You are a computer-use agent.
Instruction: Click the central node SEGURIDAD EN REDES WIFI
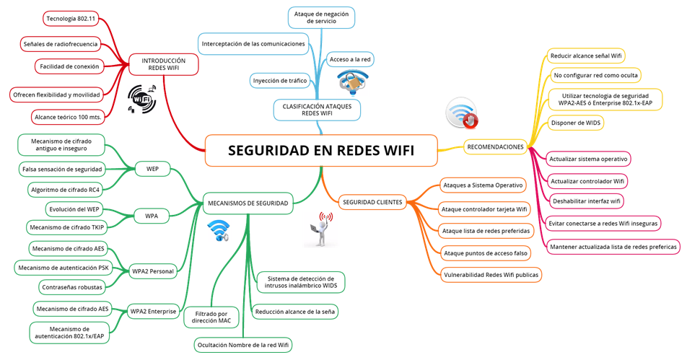coord(321,151)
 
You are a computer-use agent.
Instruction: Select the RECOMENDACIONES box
coord(495,147)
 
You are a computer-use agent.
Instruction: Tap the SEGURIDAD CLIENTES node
coord(372,201)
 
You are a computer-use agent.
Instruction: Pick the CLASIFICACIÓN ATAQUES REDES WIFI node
coord(317,109)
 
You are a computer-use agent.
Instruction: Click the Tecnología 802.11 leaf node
coord(71,17)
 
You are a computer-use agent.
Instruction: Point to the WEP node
coord(152,170)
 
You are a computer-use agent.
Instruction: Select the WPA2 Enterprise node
coord(153,312)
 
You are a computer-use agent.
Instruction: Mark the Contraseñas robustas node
coord(70,287)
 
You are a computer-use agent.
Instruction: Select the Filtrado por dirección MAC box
coord(212,317)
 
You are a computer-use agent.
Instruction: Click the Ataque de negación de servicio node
coord(321,17)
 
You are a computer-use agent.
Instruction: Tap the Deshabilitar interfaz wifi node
coord(587,201)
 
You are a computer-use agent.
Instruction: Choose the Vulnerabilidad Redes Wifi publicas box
coord(491,274)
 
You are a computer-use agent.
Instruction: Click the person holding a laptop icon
coord(320,230)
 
